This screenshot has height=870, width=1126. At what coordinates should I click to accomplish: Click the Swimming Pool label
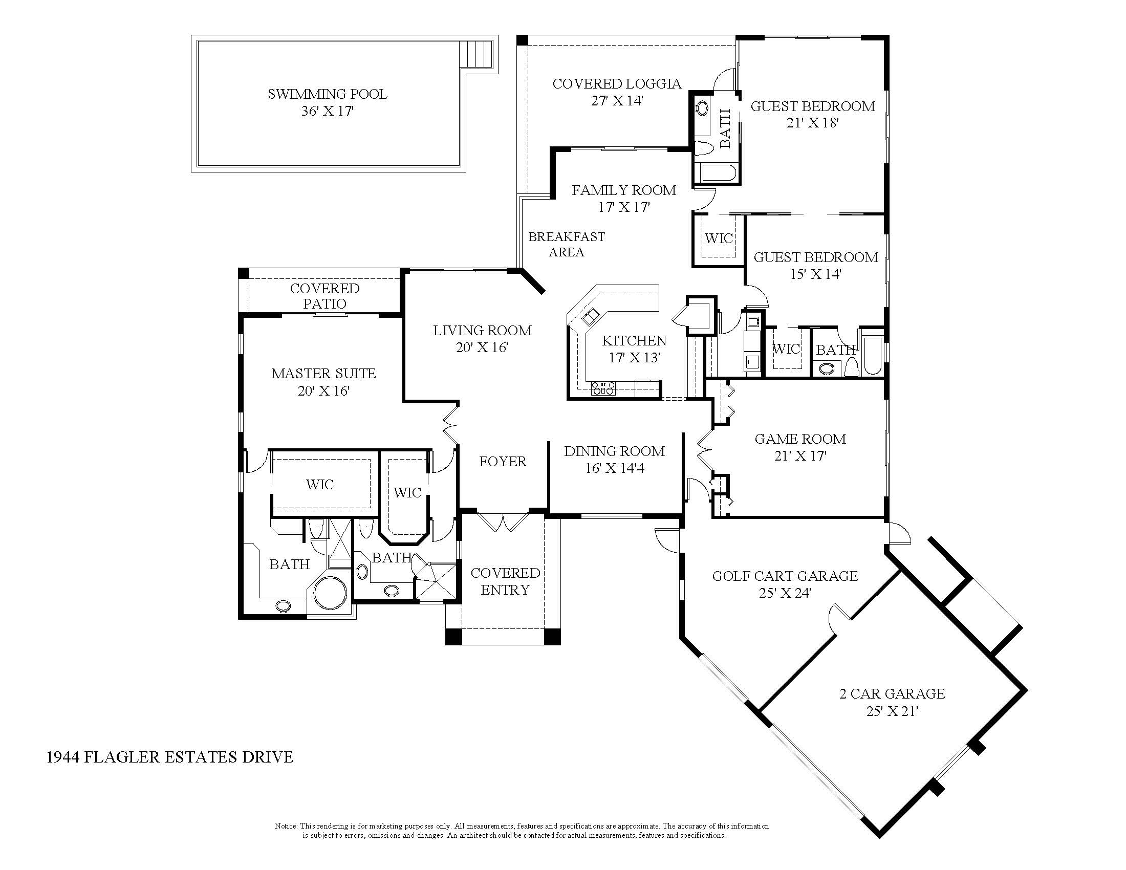[x=328, y=94]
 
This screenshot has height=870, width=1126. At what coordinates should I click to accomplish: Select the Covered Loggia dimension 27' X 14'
[x=617, y=100]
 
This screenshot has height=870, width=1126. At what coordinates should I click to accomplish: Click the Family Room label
[x=624, y=190]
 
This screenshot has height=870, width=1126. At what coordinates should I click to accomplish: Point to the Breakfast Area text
[x=567, y=244]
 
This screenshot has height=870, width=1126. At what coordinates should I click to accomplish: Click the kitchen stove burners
[x=603, y=387]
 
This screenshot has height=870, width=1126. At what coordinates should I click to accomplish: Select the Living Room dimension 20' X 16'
[x=482, y=347]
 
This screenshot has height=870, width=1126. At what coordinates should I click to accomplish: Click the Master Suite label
[x=324, y=373]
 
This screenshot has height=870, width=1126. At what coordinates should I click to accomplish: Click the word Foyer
[x=503, y=461]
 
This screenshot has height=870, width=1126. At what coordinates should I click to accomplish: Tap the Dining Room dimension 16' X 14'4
[x=615, y=468]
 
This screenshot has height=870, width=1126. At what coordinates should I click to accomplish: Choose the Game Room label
[x=800, y=439]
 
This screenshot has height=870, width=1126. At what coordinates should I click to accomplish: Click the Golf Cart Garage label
[x=785, y=576]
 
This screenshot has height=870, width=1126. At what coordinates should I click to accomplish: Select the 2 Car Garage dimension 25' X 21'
[x=893, y=711]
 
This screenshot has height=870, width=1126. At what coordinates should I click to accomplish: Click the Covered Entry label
[x=505, y=581]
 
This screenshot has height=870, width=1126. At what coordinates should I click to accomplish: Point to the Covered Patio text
[x=325, y=296]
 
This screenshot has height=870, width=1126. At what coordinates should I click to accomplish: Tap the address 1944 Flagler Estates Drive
[x=170, y=757]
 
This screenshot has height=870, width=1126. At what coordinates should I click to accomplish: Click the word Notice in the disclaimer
[x=286, y=826]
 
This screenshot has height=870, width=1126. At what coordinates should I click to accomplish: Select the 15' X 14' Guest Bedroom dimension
[x=816, y=274]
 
